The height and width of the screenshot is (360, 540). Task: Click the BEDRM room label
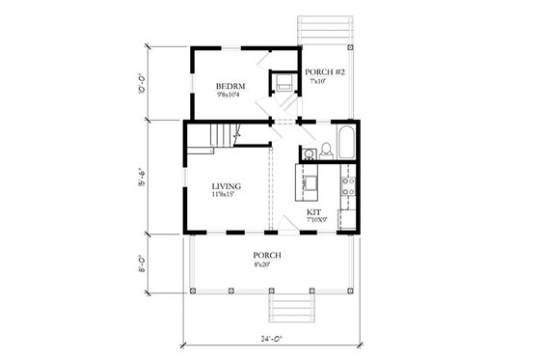tap(230, 87)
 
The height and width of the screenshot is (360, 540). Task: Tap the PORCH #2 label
tap(319, 72)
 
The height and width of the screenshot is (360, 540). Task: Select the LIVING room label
tap(227, 185)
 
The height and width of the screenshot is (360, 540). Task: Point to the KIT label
tap(314, 211)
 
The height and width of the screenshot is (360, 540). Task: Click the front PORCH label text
tap(267, 255)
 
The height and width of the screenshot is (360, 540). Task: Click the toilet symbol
tap(327, 150)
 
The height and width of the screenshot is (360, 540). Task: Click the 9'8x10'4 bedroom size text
tap(230, 96)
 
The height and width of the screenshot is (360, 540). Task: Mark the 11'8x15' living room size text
tap(227, 195)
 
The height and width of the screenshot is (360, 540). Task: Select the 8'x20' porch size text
tap(267, 263)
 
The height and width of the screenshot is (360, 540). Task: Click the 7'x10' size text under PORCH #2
tap(318, 81)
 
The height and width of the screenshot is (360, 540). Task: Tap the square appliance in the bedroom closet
tap(284, 84)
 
